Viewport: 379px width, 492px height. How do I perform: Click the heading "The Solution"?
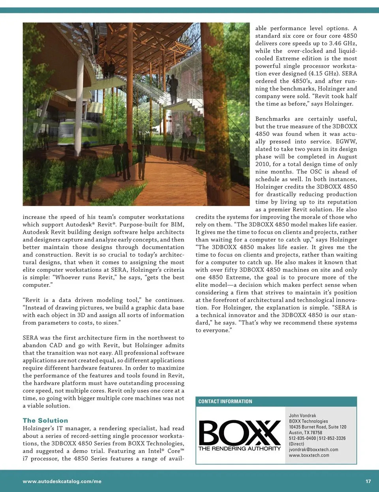click(45, 421)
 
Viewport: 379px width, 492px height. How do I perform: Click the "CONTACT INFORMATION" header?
click(225, 402)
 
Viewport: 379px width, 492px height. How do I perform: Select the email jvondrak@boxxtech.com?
click(313, 449)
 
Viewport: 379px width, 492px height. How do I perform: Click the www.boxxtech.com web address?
click(309, 455)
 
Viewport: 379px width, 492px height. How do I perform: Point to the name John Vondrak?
click(302, 415)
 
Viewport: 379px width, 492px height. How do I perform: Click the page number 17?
click(368, 481)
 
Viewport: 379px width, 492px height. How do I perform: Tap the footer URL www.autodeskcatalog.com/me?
click(62, 481)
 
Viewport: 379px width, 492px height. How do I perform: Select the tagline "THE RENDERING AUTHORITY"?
click(240, 449)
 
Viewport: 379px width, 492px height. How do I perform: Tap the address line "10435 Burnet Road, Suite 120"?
click(317, 427)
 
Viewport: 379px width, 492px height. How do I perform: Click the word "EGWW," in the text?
click(346, 141)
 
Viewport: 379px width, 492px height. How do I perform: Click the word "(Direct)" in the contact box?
click(296, 444)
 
